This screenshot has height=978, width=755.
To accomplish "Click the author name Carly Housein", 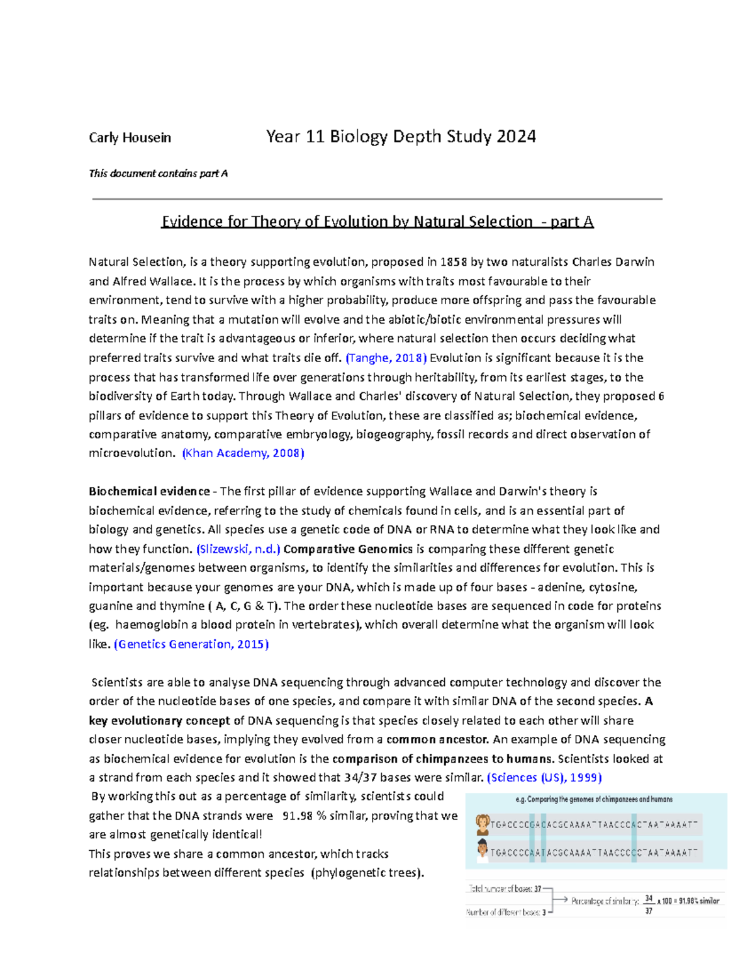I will pyautogui.click(x=130, y=138).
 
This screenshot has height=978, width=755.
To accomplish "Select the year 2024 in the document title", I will pyautogui.click(x=516, y=137).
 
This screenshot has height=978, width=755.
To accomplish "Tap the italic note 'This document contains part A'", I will pyautogui.click(x=158, y=173).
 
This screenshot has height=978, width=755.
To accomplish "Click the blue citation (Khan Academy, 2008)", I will pyautogui.click(x=243, y=453).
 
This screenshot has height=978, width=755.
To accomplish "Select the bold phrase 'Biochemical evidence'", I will pyautogui.click(x=149, y=491).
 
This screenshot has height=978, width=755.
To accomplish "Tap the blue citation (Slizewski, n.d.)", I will pyautogui.click(x=238, y=549).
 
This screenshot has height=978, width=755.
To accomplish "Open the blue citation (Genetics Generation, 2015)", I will pyautogui.click(x=191, y=644).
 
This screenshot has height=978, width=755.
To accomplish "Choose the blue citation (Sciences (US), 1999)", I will pyautogui.click(x=544, y=778).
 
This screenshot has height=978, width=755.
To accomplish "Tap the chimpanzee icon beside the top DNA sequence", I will pyautogui.click(x=483, y=824).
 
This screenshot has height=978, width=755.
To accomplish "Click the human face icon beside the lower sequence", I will pyautogui.click(x=483, y=851).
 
